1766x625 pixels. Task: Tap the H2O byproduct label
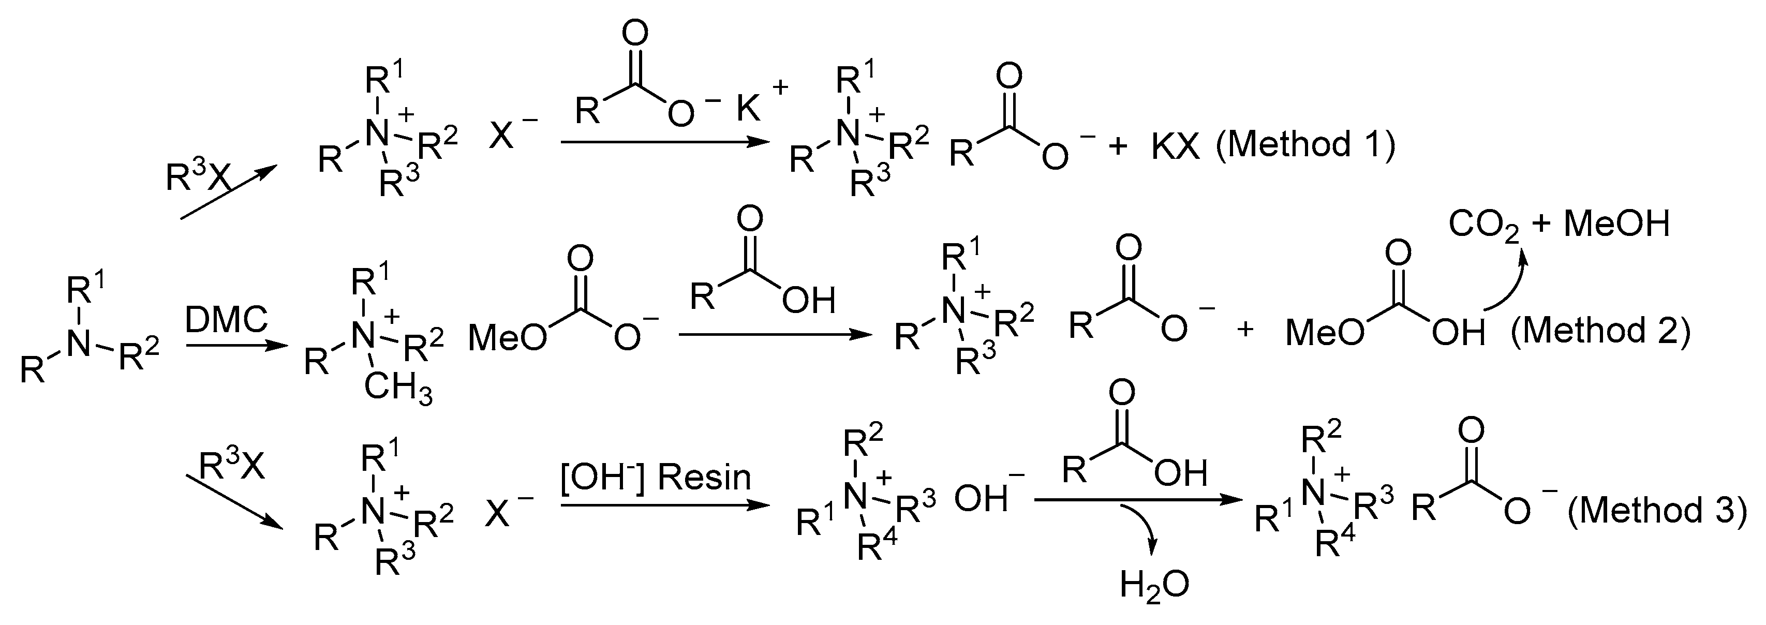1154,585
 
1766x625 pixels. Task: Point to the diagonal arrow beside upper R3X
226,192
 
